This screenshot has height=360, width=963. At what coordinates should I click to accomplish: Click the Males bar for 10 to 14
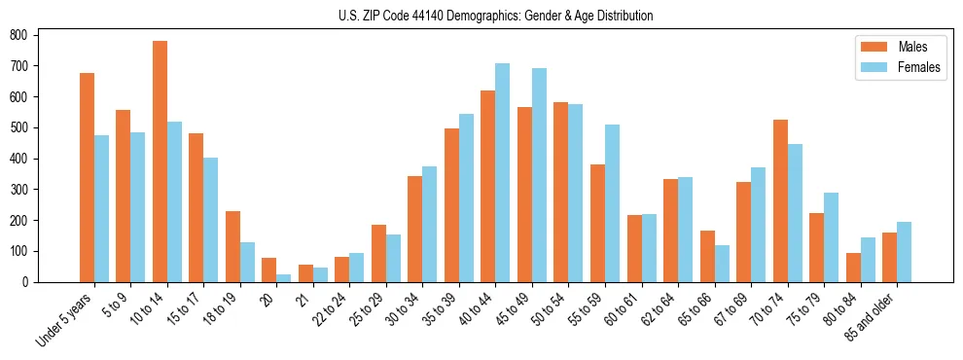click(160, 162)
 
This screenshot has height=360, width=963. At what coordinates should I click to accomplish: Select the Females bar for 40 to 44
click(503, 172)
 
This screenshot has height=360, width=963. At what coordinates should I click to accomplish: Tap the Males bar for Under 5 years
click(87, 177)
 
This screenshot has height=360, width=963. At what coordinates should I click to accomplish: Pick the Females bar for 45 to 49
click(539, 175)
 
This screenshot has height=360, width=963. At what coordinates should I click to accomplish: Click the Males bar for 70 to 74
click(780, 200)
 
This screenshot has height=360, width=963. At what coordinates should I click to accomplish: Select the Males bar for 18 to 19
click(232, 246)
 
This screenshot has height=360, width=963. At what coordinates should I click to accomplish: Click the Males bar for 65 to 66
click(707, 256)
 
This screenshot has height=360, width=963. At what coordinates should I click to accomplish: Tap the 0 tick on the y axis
click(32, 282)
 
